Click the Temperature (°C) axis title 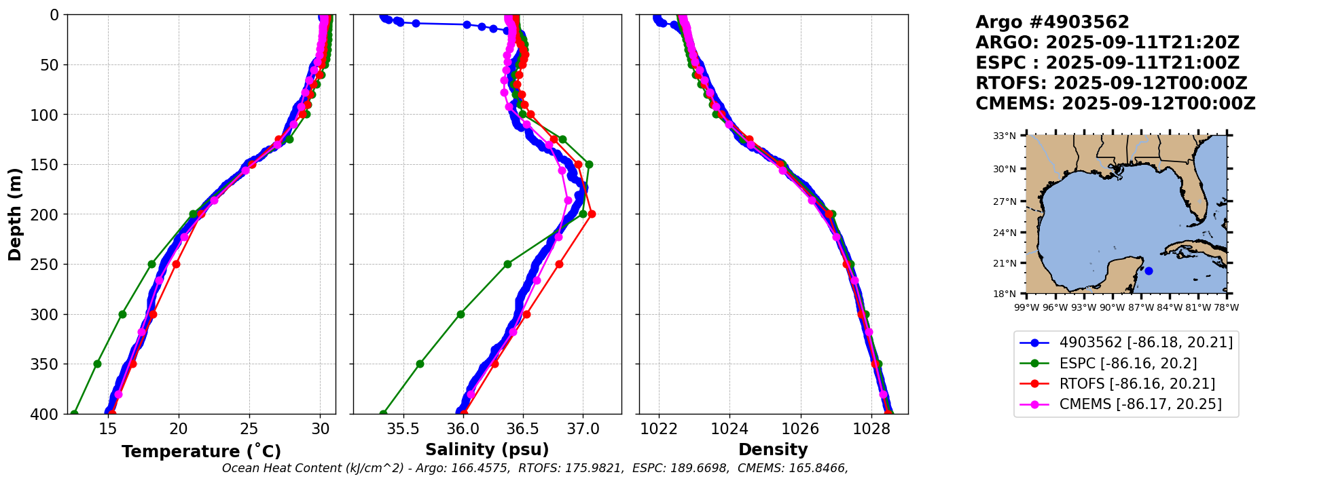click(x=201, y=452)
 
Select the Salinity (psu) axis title click(x=487, y=450)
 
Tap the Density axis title click(x=773, y=450)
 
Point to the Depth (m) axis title click(x=14, y=214)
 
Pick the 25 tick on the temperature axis click(x=249, y=429)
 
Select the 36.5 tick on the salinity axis click(x=523, y=429)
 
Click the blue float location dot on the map click(x=1149, y=271)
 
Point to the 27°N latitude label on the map click(x=1005, y=201)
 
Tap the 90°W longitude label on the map click(x=1112, y=307)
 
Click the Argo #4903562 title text click(x=1052, y=22)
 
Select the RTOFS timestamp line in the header click(x=1111, y=83)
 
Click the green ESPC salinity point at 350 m click(x=420, y=364)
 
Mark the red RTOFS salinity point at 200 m click(x=592, y=214)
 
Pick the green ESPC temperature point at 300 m click(x=123, y=314)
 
